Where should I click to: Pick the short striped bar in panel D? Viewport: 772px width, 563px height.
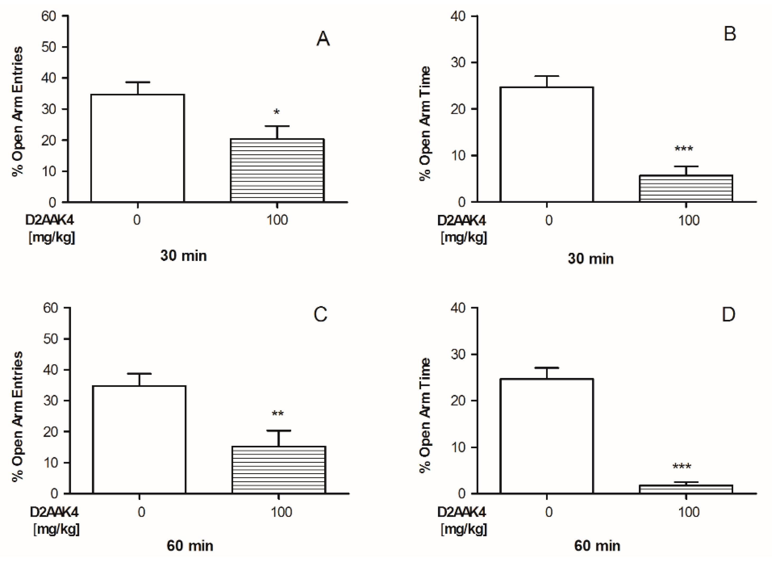(686, 489)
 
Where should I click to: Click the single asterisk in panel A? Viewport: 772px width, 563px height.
(277, 112)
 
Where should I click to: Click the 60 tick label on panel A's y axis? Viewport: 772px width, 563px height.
(49, 16)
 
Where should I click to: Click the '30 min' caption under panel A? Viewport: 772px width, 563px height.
(183, 256)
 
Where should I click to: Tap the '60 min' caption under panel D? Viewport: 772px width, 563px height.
(597, 546)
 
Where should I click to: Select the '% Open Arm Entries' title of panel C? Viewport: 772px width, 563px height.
(17, 417)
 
